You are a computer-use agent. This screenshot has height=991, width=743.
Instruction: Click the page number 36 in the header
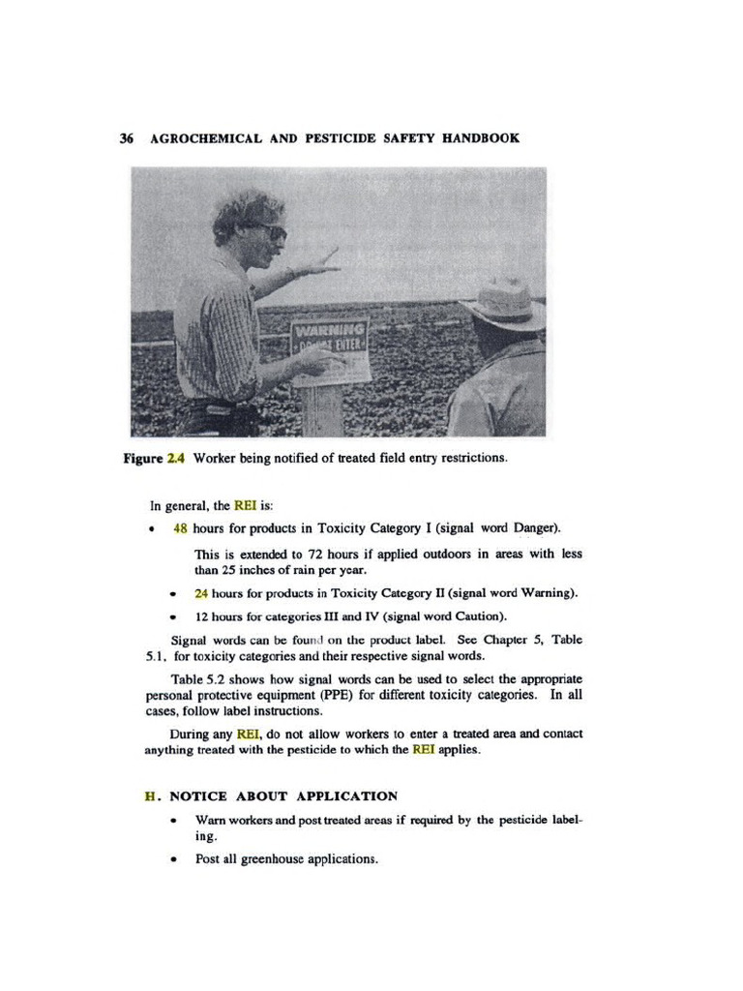coord(126,138)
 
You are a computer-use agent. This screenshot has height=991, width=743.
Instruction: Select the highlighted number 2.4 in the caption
coord(175,458)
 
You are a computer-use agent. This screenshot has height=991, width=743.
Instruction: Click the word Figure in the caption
coord(142,458)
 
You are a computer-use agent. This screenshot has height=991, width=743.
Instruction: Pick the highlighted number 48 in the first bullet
coord(181,528)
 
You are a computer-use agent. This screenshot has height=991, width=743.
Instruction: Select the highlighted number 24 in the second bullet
coord(201,592)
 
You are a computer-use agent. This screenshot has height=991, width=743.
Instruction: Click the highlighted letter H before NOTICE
coord(150,796)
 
